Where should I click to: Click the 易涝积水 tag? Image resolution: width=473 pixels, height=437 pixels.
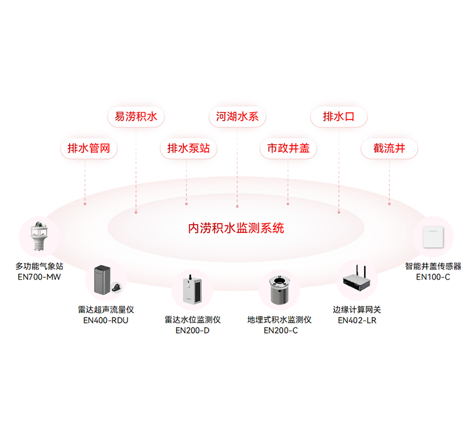click(x=136, y=116)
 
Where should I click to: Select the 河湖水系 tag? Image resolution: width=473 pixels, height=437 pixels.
click(x=237, y=116)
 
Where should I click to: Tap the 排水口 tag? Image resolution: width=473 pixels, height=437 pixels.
click(x=339, y=116)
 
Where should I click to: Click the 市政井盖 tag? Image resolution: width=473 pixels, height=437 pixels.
click(x=289, y=148)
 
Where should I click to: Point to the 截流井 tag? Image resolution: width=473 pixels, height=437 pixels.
click(x=390, y=148)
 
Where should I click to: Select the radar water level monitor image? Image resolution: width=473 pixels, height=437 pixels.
click(x=193, y=290)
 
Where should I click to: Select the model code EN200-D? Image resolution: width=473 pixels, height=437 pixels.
click(x=193, y=331)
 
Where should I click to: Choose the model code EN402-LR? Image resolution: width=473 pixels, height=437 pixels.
click(x=357, y=321)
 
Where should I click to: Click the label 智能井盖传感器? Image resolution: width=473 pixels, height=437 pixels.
click(x=433, y=266)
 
